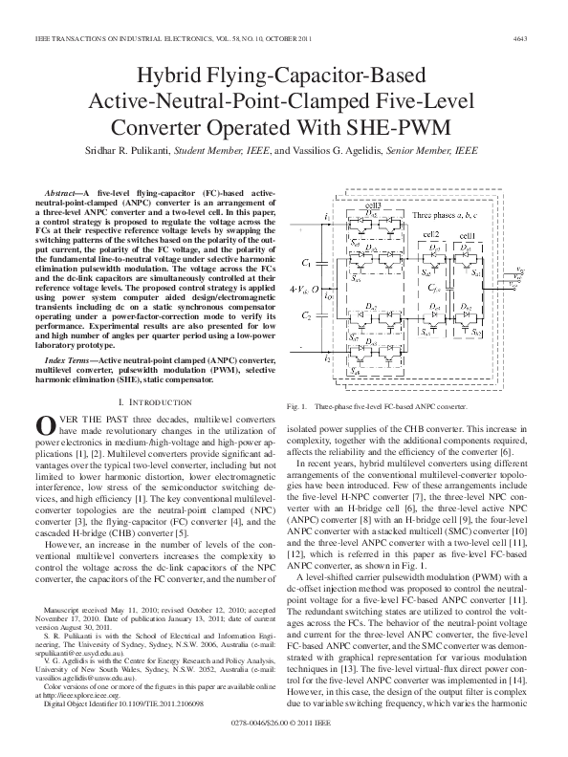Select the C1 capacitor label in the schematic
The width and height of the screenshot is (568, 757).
pyautogui.click(x=306, y=261)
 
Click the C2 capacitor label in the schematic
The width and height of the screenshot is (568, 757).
pyautogui.click(x=306, y=314)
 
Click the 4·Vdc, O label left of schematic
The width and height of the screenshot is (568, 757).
pyautogui.click(x=303, y=287)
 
